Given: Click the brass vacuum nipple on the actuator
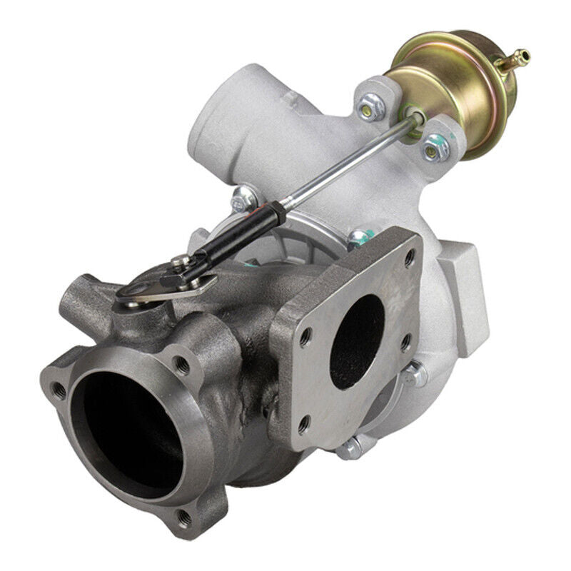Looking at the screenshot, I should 520,56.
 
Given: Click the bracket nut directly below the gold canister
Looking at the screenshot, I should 433,148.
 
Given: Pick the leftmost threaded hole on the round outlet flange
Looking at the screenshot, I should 59,390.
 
